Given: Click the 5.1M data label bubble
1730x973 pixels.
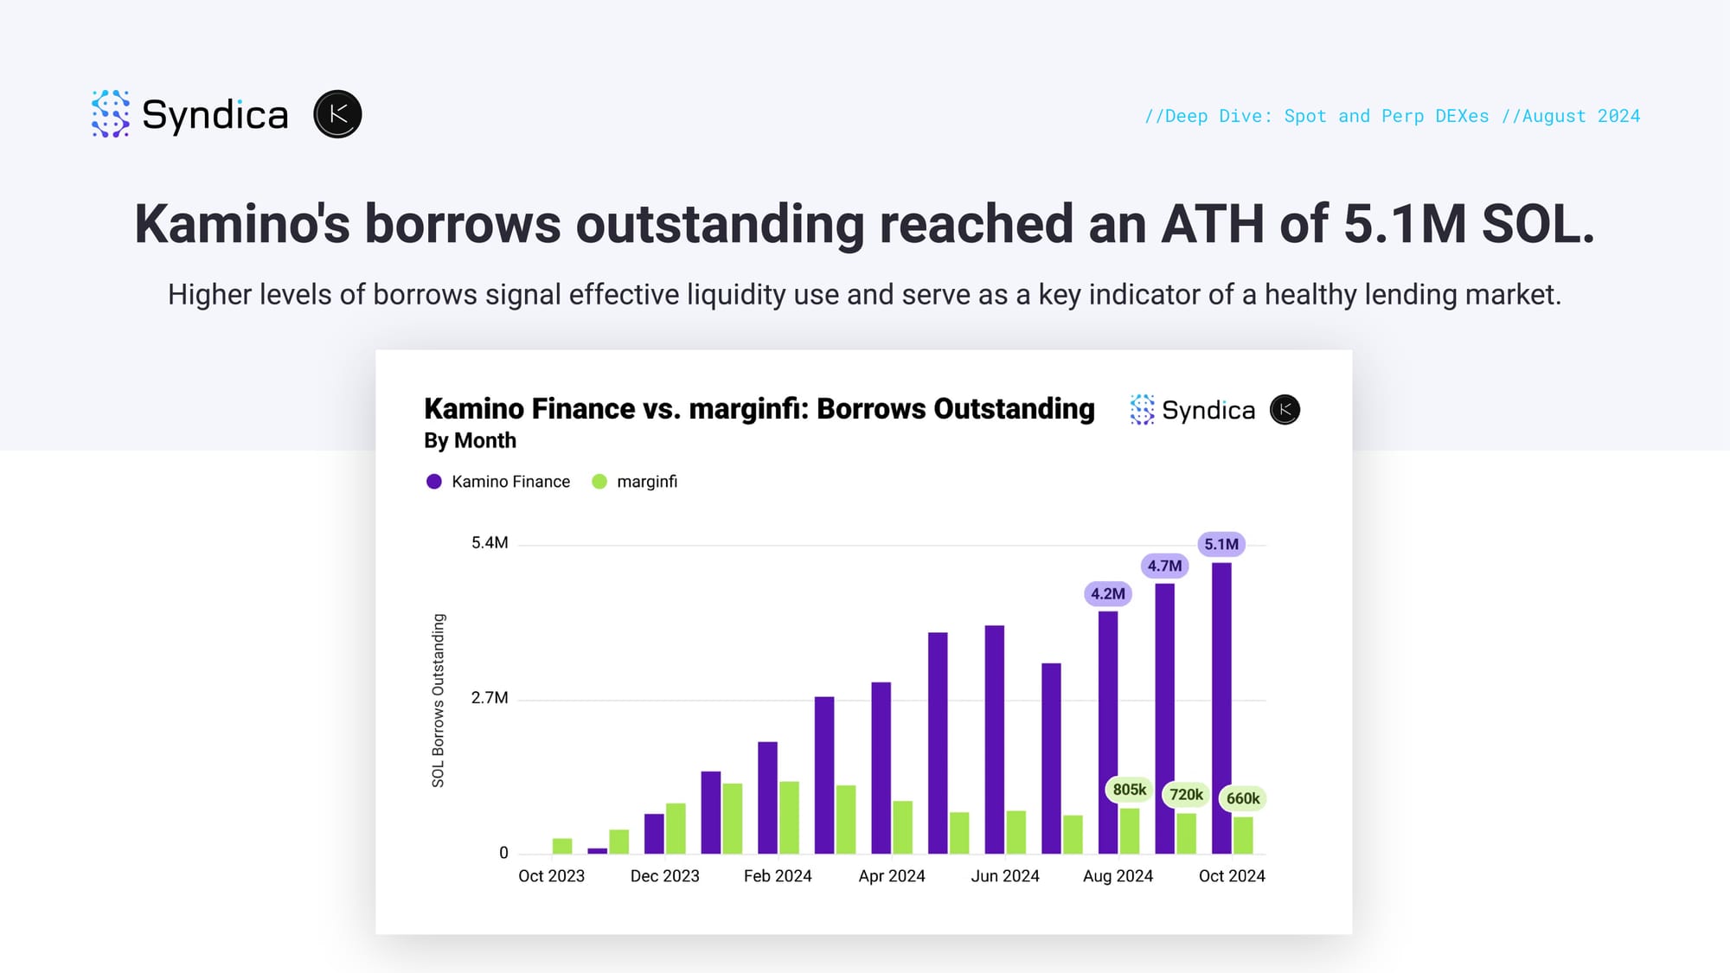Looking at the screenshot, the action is [1221, 544].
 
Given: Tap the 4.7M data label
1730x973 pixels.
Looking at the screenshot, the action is [1164, 566].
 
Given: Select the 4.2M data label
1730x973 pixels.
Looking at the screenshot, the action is [1108, 593].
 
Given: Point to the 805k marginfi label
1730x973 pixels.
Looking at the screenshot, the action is [1129, 790].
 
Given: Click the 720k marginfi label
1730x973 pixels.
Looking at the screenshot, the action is [1186, 795].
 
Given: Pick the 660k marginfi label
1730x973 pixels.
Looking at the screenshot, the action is [1243, 798].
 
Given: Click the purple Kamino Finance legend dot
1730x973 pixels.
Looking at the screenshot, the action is [434, 482].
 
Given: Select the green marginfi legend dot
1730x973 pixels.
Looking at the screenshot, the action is [599, 482].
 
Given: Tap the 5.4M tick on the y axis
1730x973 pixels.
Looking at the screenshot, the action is [490, 543].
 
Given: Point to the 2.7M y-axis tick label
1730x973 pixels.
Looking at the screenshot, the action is [490, 698].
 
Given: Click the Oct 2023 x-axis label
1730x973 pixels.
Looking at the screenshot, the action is [551, 876].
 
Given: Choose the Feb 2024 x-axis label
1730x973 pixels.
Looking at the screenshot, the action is [778, 876].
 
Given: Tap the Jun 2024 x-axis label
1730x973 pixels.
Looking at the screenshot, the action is [1005, 876].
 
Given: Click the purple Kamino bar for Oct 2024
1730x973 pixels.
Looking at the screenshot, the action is [1221, 708].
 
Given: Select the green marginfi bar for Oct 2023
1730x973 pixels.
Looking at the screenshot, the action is [562, 846].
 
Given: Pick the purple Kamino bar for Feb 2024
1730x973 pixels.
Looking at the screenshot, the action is [767, 797].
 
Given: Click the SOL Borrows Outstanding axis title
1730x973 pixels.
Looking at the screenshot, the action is [439, 701].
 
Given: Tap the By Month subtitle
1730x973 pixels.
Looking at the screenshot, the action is [470, 441].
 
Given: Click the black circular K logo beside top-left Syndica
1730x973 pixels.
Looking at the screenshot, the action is [337, 114].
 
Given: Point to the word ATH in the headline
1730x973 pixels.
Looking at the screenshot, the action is [1213, 224].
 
